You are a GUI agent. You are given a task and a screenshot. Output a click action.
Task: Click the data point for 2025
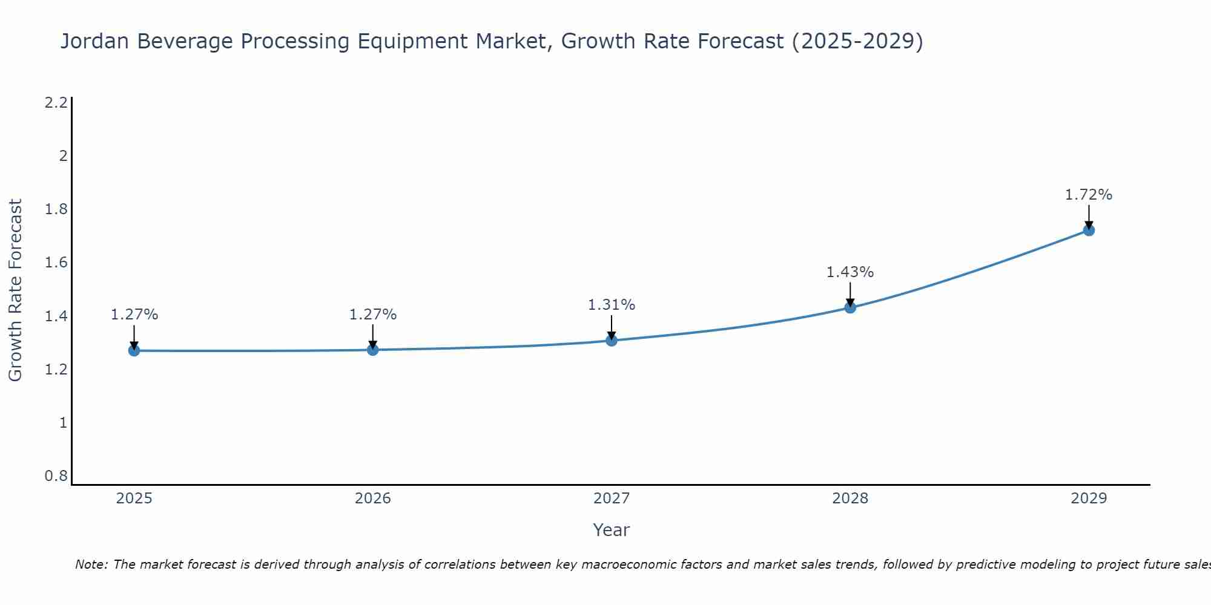[134, 350]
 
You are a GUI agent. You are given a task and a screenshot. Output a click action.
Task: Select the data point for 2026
[372, 350]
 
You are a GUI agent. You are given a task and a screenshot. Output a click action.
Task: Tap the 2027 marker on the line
[611, 340]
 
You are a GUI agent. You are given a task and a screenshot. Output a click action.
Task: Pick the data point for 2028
[850, 307]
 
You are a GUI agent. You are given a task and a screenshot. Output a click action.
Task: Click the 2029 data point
[1089, 230]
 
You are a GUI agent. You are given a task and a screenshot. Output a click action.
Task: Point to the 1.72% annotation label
[1088, 195]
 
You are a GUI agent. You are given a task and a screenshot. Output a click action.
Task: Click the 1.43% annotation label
[850, 272]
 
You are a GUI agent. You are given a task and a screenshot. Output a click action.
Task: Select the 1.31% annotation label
[611, 305]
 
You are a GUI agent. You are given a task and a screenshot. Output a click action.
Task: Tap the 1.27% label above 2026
[372, 315]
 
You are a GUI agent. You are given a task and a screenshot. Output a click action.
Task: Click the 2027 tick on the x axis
[611, 499]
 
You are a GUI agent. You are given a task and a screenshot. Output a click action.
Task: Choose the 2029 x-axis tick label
[1089, 499]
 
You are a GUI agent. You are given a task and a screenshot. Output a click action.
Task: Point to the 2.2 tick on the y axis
[56, 103]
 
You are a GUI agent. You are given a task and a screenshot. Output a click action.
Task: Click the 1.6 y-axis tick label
[56, 263]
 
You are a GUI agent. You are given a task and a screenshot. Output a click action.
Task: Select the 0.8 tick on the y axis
[56, 476]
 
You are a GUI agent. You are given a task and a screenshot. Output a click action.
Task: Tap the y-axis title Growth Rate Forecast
[15, 290]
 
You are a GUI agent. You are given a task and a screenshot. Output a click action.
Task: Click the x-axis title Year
[611, 530]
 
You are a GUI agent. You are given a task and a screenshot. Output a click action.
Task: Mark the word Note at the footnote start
[91, 564]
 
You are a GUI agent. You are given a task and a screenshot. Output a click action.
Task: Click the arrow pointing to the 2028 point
[850, 294]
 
